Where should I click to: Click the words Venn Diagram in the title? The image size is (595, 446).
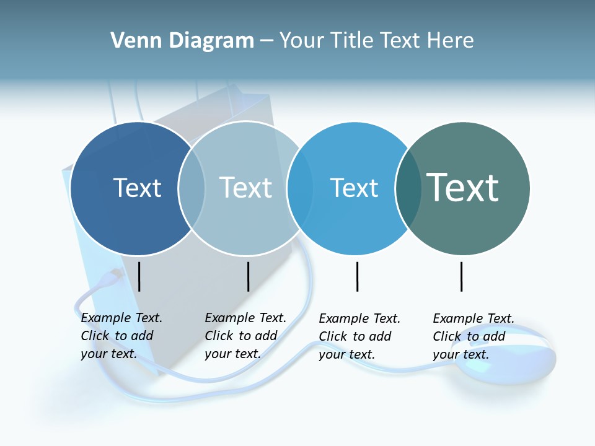[182, 41]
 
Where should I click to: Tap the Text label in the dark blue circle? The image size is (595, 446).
[137, 188]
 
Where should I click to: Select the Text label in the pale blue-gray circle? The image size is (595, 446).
[245, 188]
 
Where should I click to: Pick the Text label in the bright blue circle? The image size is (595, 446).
[354, 188]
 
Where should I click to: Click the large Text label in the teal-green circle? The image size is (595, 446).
[462, 187]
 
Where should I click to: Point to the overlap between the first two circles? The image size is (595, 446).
[192, 188]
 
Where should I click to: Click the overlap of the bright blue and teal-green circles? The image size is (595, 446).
[407, 188]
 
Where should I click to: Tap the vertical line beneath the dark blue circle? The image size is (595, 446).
[139, 276]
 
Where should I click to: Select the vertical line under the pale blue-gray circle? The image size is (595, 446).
[248, 276]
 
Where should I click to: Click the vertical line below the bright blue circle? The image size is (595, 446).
[358, 276]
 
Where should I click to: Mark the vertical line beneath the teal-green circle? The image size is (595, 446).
[462, 276]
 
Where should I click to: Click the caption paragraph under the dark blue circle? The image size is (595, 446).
[121, 336]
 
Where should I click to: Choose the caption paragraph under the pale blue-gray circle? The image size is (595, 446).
[245, 336]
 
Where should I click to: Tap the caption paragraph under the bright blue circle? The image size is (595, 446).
[359, 336]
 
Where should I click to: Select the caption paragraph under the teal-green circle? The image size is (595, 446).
[473, 336]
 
